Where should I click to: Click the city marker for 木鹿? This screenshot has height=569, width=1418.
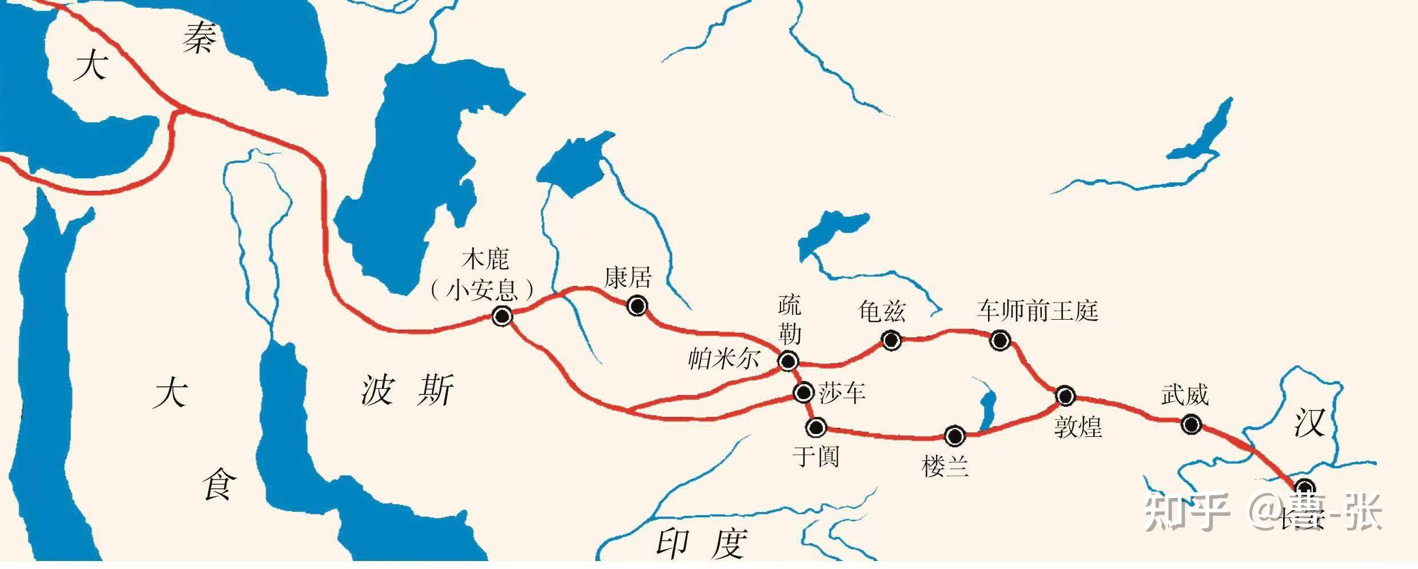tap(502, 316)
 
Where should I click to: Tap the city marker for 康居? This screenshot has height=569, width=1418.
tap(636, 306)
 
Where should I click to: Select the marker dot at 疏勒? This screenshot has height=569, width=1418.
tap(788, 361)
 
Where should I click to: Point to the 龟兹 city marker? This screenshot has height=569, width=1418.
tap(890, 341)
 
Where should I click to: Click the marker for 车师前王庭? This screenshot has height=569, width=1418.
tap(1000, 341)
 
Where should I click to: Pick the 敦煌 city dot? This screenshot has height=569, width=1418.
tap(1065, 395)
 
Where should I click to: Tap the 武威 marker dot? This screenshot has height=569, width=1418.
tap(1191, 424)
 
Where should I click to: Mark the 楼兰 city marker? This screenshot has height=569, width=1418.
tap(954, 436)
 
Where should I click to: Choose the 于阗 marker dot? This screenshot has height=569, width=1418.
tap(815, 427)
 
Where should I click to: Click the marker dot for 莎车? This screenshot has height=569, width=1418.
tap(803, 392)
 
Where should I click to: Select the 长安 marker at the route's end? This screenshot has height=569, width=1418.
tap(1305, 488)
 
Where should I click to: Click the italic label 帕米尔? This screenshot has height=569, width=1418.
tap(723, 359)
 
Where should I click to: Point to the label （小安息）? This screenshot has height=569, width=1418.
tap(481, 290)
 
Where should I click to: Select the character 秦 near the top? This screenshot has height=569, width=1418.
tap(200, 41)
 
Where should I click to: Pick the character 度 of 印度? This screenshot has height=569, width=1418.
tap(728, 543)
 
